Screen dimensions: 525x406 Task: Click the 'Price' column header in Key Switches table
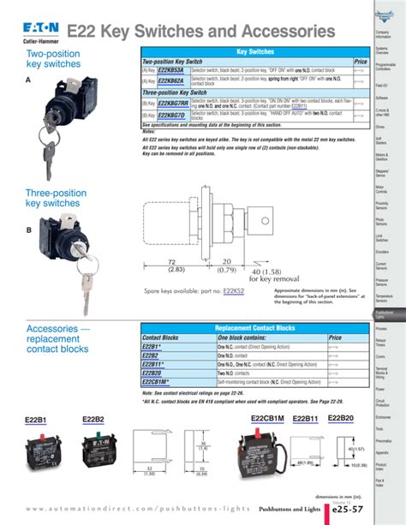tap(361, 63)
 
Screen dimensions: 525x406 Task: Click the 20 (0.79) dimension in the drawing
tap(227, 265)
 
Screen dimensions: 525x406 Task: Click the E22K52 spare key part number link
tap(234, 291)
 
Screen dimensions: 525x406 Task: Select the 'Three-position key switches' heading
tap(52, 199)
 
